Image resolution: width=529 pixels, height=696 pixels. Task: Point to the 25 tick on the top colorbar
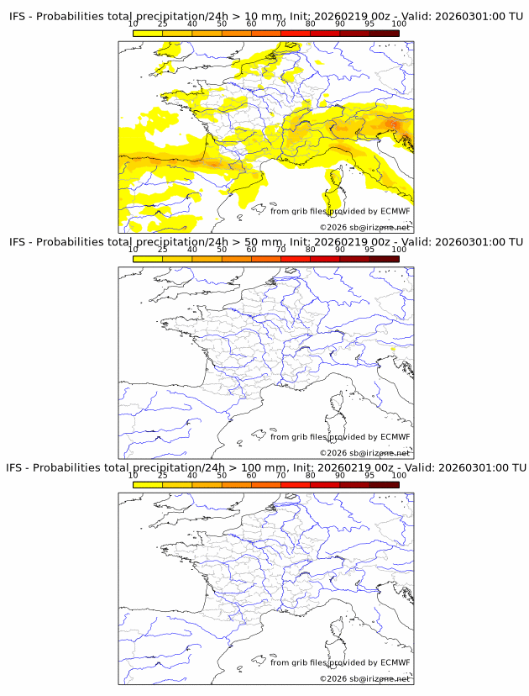(x=163, y=24)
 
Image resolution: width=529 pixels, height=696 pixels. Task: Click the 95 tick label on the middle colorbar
(x=369, y=249)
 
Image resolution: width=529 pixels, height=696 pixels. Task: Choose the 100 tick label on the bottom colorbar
(x=399, y=474)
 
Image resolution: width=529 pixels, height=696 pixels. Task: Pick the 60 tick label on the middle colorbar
(x=251, y=249)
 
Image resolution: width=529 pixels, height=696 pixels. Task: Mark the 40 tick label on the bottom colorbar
(x=192, y=474)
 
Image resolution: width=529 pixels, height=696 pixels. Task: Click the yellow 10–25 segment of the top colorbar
(x=148, y=32)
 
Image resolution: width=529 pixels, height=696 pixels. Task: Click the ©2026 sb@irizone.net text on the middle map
(x=364, y=453)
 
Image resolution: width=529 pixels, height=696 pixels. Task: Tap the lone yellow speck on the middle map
(x=393, y=348)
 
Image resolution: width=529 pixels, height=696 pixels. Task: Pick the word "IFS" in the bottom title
(x=17, y=467)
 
